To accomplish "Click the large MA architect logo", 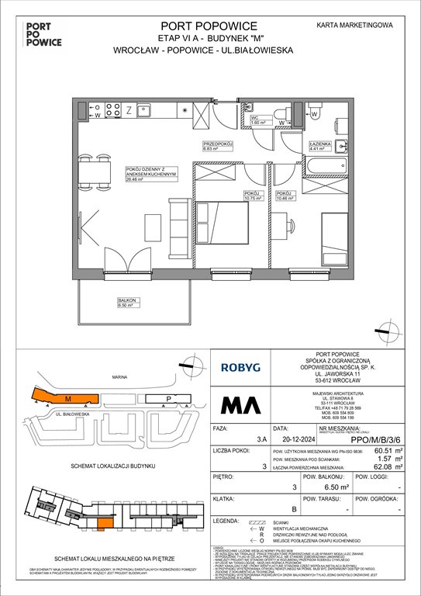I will tap(243, 404).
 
